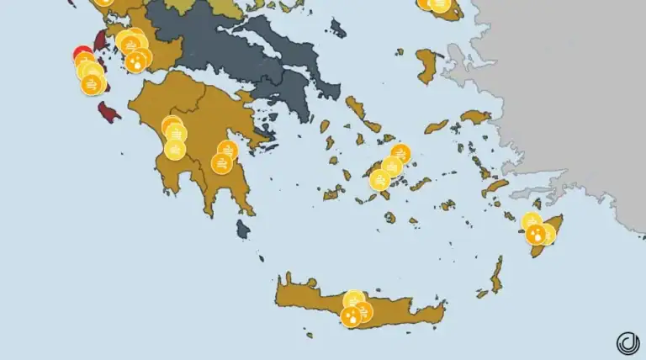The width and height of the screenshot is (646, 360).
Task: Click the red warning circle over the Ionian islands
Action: pos(82,54)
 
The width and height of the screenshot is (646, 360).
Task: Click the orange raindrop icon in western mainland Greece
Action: pos(135,62)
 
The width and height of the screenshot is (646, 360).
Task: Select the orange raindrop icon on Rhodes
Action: pos(535,235)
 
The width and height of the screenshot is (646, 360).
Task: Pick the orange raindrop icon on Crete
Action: pos(350,316)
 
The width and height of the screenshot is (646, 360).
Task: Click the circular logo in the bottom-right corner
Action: pos(627,342)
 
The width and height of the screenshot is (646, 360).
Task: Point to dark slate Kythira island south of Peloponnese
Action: pos(243,228)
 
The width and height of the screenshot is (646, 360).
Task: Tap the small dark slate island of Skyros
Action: pos(338,29)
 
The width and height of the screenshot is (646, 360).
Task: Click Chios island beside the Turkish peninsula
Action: pos(426,66)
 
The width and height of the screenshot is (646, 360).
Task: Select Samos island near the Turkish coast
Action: pos(475,116)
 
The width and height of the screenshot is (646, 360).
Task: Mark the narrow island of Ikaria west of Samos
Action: pos(436,126)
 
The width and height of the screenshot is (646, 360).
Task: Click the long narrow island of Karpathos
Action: pos(497,274)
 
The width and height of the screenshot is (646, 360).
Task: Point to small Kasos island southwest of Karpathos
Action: pos(482,294)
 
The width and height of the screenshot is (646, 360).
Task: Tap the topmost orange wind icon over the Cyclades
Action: pos(400,154)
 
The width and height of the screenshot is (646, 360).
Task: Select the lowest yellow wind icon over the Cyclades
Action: pos(379,180)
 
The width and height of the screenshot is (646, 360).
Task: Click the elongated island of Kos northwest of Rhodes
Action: pos(495,187)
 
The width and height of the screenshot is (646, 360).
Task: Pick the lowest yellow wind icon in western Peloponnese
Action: pos(175,149)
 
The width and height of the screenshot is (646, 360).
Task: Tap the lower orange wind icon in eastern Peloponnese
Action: pos(221,163)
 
